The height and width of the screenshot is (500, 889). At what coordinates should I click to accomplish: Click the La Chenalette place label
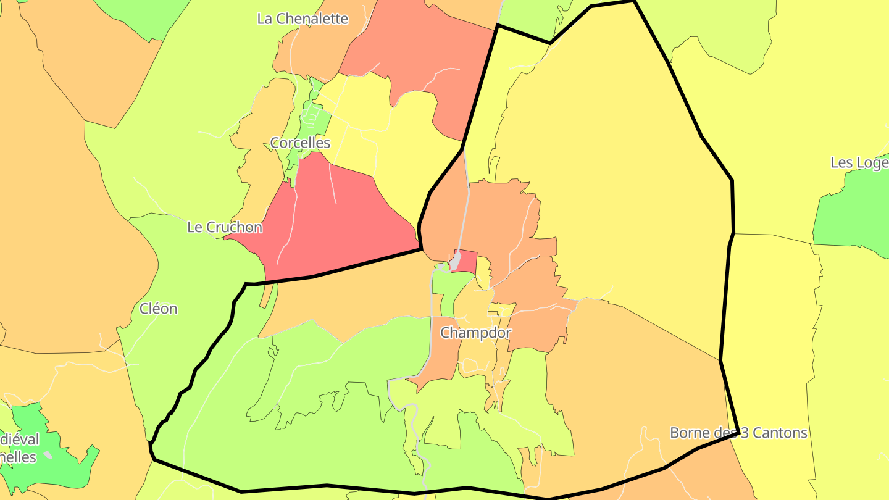(x=303, y=19)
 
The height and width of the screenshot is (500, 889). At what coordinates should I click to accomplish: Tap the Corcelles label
(x=300, y=143)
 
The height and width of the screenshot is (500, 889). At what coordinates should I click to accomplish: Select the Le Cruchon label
(x=225, y=227)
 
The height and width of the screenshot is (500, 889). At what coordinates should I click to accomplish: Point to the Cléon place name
(x=159, y=309)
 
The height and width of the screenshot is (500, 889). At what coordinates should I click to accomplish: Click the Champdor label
(x=475, y=333)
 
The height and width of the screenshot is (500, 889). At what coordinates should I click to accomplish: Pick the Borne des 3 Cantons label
(x=738, y=433)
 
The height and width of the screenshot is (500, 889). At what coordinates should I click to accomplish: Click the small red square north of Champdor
(x=466, y=260)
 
